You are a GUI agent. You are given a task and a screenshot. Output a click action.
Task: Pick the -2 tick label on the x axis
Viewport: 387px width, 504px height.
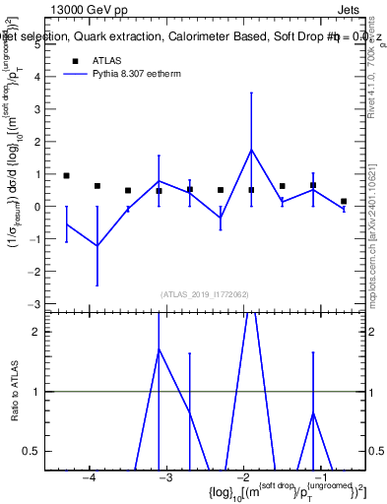(242, 478)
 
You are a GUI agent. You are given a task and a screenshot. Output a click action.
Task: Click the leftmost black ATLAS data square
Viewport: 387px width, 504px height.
(66, 175)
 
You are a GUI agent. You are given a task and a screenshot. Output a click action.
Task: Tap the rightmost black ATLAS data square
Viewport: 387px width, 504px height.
(344, 201)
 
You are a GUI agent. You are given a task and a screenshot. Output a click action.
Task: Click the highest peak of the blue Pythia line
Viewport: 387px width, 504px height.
(251, 150)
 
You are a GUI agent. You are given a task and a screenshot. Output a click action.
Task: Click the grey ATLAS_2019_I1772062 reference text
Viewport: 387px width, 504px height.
(204, 294)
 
